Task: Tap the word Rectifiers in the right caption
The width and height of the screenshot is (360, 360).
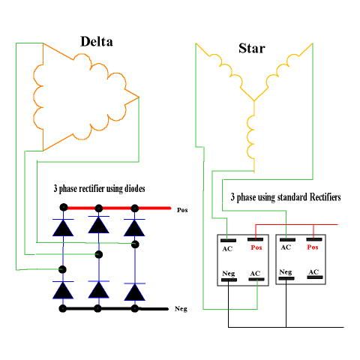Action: click(x=318, y=197)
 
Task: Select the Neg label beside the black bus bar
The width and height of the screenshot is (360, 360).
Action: click(x=180, y=308)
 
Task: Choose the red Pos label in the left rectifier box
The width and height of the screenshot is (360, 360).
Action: click(x=256, y=247)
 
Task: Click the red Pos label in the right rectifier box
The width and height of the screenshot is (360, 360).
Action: click(x=313, y=247)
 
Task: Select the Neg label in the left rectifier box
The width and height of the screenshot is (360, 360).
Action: click(x=228, y=273)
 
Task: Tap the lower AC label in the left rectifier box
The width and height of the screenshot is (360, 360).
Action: click(x=255, y=273)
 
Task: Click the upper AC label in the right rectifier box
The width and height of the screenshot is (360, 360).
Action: click(x=286, y=247)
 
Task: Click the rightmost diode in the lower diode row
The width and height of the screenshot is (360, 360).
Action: click(x=135, y=290)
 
